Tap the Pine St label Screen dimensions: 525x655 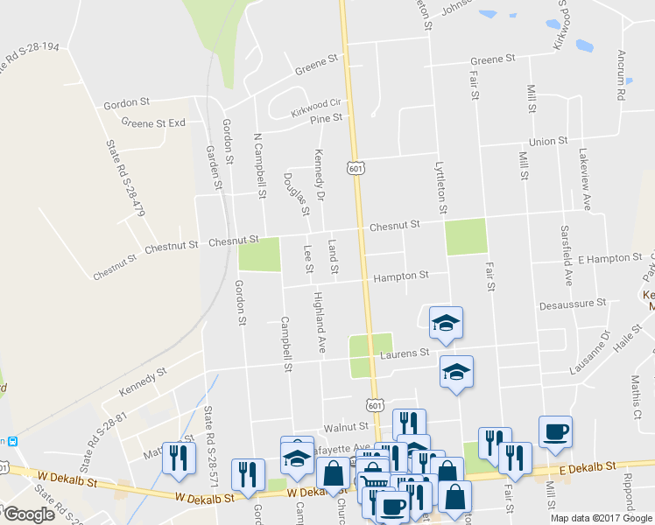pos(325,118)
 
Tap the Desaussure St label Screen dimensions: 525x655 pos(574,304)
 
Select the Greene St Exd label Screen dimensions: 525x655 pos(153,123)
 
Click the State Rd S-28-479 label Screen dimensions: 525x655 pos(124,179)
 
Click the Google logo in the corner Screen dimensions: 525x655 pos(29,514)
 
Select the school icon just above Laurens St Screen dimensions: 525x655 pos(446,324)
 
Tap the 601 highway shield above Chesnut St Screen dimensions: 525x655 pos(355,167)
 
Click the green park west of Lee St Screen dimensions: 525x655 pos(259,255)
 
